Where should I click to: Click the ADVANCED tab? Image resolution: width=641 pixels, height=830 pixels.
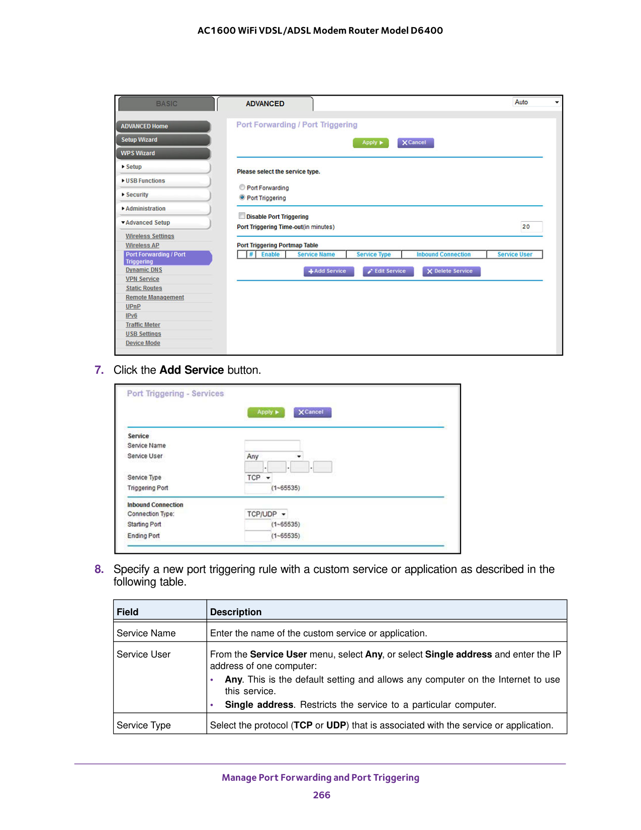[265, 104]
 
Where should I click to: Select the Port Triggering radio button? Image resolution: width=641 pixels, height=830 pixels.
[242, 198]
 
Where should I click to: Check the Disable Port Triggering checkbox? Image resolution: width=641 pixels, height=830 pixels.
[242, 216]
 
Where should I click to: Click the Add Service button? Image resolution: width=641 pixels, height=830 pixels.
[328, 271]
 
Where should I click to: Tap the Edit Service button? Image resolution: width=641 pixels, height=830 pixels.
[388, 271]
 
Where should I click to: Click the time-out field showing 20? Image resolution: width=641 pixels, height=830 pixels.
[531, 227]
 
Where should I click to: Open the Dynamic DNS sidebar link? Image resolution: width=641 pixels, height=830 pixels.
[144, 270]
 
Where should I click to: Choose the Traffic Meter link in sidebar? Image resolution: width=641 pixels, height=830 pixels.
[143, 325]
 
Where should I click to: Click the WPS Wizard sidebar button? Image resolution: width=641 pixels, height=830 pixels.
[163, 153]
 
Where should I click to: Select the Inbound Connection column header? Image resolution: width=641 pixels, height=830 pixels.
[443, 255]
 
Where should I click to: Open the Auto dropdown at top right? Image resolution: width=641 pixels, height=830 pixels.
[536, 102]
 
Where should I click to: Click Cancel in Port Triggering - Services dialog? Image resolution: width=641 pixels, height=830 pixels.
[312, 412]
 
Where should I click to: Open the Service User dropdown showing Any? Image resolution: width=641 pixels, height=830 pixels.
[273, 456]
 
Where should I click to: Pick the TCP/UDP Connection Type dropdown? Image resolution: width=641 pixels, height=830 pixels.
[266, 514]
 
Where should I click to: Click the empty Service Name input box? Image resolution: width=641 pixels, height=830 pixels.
[272, 445]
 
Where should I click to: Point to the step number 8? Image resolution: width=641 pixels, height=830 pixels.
[99, 569]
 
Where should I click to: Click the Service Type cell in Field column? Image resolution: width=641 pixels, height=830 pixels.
[144, 725]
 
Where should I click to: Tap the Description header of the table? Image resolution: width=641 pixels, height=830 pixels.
[236, 612]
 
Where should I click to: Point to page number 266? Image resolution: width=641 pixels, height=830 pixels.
[321, 795]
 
